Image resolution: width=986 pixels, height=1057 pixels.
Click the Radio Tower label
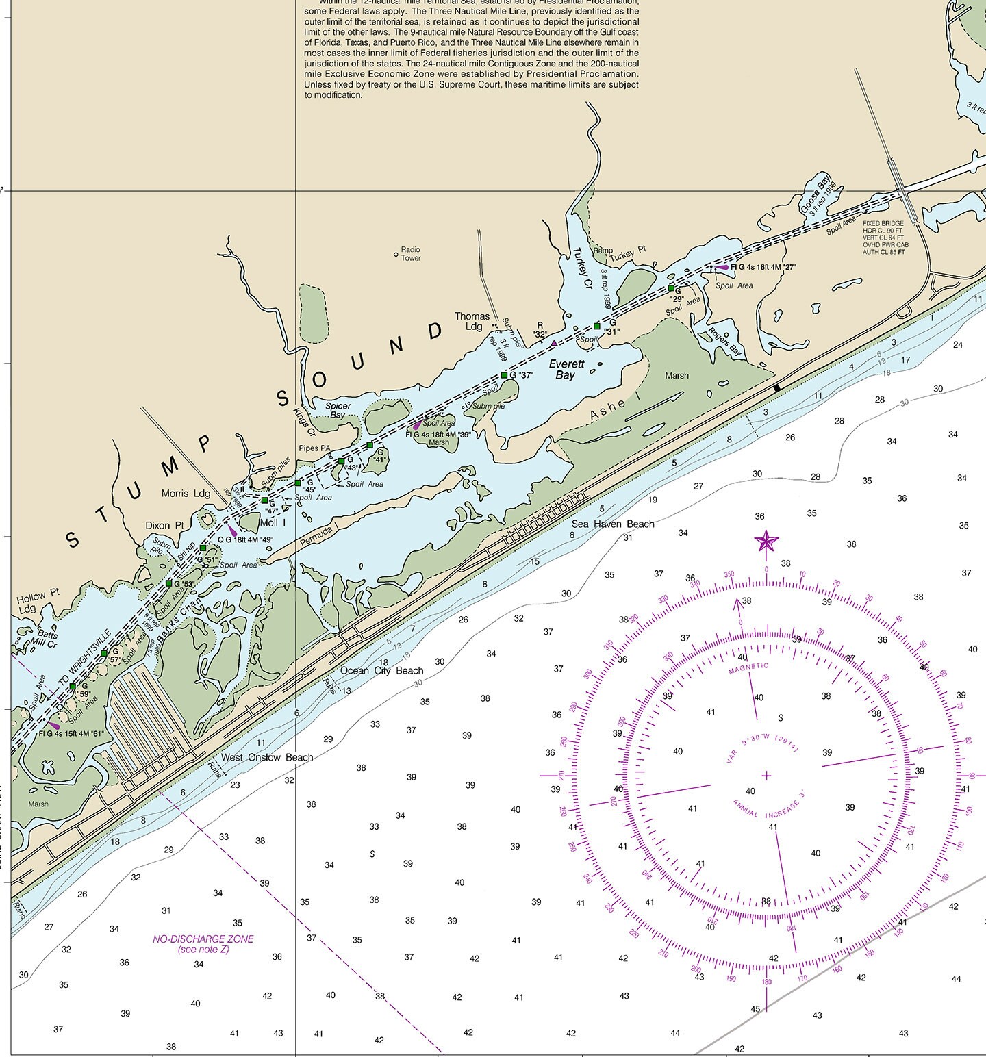[x=411, y=254]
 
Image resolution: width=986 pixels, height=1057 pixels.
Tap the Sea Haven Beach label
[x=613, y=524]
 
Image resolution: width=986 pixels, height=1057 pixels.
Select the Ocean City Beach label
[x=382, y=670]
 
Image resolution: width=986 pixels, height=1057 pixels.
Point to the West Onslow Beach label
[x=266, y=757]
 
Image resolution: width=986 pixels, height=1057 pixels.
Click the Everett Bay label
[x=566, y=370]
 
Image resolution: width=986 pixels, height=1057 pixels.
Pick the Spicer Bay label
[x=338, y=411]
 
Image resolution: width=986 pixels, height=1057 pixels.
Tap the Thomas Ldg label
[x=473, y=321]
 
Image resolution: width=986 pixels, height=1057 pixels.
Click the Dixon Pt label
[x=164, y=526]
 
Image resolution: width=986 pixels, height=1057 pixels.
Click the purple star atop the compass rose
[x=766, y=542]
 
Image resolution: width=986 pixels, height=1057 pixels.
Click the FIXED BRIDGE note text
[x=884, y=238]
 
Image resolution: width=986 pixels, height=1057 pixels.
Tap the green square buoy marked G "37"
[x=504, y=375]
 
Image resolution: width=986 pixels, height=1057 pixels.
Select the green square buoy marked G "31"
[x=596, y=326]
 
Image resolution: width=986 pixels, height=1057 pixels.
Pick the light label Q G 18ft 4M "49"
[x=245, y=539]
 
